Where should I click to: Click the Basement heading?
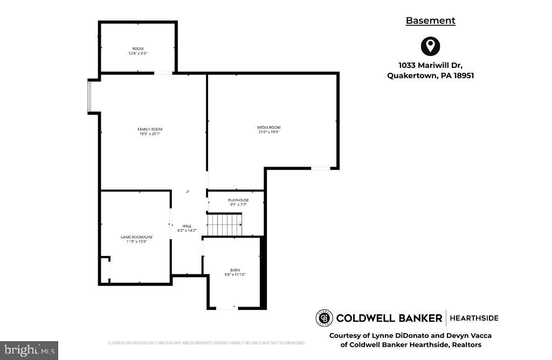[x=430, y=20]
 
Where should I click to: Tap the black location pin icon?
[x=430, y=46]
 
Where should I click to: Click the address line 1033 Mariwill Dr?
[x=430, y=66]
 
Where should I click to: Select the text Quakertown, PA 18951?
[x=430, y=76]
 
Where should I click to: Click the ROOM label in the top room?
[x=138, y=49]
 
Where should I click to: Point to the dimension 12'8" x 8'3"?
[x=138, y=53]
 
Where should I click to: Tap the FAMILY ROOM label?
[x=150, y=129]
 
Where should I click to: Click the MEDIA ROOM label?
[x=268, y=127]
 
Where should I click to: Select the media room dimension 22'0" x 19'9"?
[x=268, y=132]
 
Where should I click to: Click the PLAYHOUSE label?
[x=238, y=200]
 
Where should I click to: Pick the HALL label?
[x=187, y=226]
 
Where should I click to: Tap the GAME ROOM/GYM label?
[x=136, y=237]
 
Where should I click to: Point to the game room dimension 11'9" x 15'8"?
[x=136, y=241]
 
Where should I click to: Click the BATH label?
[x=235, y=270]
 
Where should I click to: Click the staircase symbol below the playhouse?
[x=225, y=224]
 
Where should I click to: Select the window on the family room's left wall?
[x=90, y=96]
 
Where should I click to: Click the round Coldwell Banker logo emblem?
[x=324, y=318]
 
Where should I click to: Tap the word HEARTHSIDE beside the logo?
[x=474, y=318]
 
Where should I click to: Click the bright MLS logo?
[x=30, y=351]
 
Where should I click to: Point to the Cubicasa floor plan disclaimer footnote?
[x=206, y=343]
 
